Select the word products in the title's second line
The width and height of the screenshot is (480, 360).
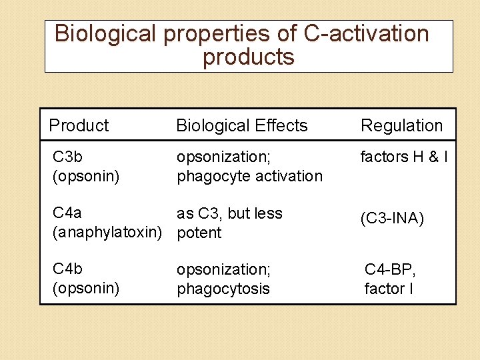pos(248,57)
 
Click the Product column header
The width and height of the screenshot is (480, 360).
pos(79,125)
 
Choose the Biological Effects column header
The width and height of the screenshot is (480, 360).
pos(241,125)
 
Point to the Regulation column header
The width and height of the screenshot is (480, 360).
pos(401,125)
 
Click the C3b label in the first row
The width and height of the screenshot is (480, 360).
pos(67,157)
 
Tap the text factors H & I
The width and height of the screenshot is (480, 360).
pos(403,157)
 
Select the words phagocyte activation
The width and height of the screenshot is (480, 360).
pos(249,176)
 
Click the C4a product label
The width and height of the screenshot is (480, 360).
pos(67,213)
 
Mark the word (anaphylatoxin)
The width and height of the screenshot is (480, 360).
pos(107,233)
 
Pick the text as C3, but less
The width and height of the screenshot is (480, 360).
pos(229,213)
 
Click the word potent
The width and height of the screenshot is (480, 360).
pos(199,233)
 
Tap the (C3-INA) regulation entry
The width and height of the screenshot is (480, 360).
pos(392,219)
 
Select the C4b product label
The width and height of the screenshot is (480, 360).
pos(67,269)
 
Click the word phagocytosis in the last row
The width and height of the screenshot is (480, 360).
pos(223,289)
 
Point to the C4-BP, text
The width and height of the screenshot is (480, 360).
pos(390,269)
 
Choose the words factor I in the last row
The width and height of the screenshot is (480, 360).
pos(385,289)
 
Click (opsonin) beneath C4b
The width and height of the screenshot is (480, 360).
pos(85,289)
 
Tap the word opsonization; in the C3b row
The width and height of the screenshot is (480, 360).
pos(223,157)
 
